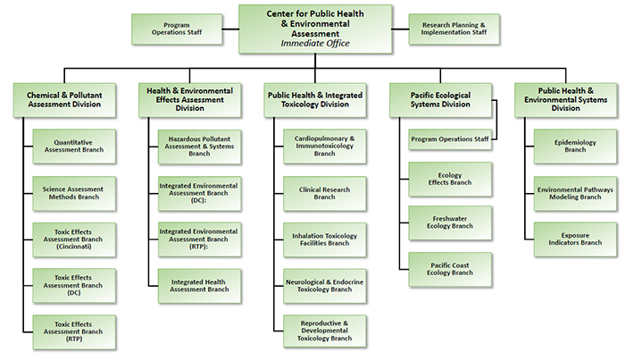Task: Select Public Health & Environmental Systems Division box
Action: pos(565,98)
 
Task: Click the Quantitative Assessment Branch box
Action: pos(73,146)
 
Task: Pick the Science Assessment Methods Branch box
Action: pos(73,192)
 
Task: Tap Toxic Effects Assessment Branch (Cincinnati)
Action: pos(73,239)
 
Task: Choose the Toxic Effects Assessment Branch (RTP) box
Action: pos(73,331)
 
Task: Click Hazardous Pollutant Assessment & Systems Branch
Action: pos(199,146)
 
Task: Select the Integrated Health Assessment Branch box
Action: pos(199,285)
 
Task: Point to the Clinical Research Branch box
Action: pos(325,192)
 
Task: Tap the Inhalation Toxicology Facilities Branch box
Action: pos(325,239)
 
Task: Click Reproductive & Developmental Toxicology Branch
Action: pos(325,331)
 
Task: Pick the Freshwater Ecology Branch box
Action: pos(450,222)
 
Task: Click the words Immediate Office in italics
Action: pos(314,42)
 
